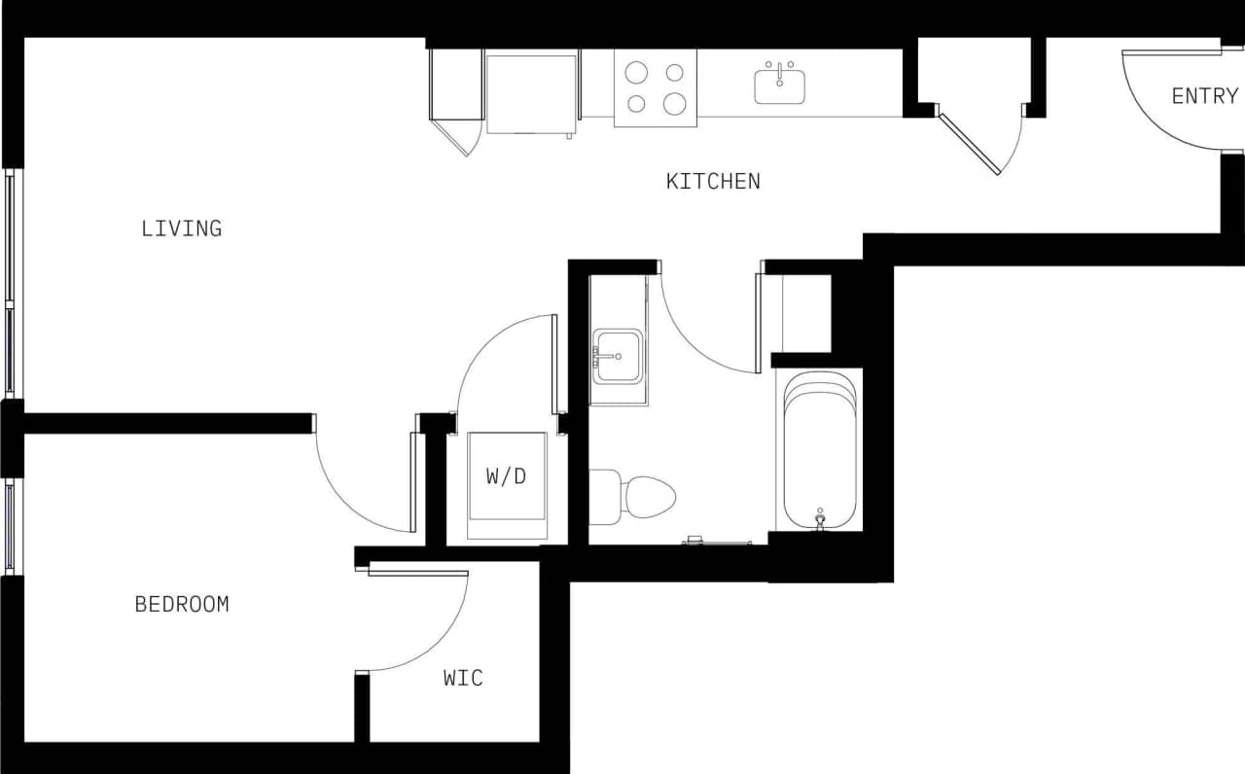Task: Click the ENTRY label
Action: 1204,96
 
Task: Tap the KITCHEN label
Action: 713,181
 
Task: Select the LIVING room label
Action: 182,229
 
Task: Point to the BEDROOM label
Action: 182,604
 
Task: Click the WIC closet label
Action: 463,678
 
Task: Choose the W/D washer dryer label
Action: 507,476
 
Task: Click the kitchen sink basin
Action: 780,86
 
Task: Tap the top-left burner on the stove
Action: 636,72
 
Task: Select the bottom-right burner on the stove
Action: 673,103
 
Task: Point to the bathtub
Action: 821,449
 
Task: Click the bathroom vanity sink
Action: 617,357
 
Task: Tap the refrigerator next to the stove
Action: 531,93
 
